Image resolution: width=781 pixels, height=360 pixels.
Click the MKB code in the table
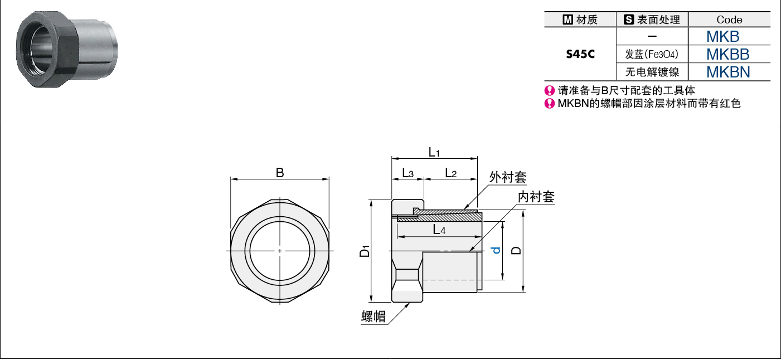coord(723,36)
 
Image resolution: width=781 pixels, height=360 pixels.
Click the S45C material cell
coord(580,54)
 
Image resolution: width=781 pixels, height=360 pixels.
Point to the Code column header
coord(729,20)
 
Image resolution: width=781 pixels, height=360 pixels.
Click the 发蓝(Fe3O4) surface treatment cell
coord(652,54)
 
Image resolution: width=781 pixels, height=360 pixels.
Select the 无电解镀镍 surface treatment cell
coord(652,72)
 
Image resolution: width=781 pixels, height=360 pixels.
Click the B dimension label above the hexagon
coord(280,173)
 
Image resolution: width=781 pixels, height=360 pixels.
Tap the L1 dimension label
coord(434,152)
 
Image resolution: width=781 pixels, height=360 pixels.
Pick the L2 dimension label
coord(451,173)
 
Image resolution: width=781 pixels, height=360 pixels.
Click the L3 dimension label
coord(408,173)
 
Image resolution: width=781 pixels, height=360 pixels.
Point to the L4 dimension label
coord(439,230)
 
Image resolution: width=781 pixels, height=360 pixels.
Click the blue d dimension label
coord(496,250)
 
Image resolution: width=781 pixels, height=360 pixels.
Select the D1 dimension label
coord(365,251)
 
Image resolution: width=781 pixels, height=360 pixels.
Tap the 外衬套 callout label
coord(508,177)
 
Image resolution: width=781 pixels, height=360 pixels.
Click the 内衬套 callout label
coord(536,197)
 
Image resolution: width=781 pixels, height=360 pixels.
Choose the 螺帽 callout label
coord(373,317)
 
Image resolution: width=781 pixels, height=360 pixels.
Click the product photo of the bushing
coord(67,49)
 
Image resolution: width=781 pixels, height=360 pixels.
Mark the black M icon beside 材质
coord(567,20)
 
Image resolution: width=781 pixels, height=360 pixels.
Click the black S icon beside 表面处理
coord(629,20)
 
